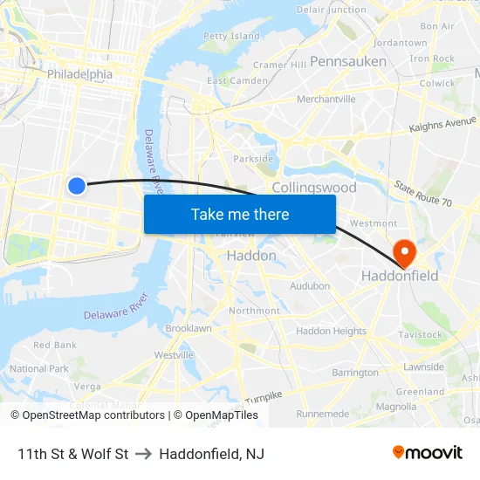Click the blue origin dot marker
pos(77,185)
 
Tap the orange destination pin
pos(405,252)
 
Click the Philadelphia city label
pos(79,74)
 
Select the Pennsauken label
pos(348,61)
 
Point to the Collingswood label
pos(314,188)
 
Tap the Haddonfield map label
pos(400,277)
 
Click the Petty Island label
pos(231,37)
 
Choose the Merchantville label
pos(326,99)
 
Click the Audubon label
pos(310,285)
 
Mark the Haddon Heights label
pos(331,331)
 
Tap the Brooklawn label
pos(189,328)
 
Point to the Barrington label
pos(355,373)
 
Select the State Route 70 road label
pos(422,194)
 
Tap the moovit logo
pos(428,452)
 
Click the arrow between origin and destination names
pos(144,454)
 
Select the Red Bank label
pos(55,345)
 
